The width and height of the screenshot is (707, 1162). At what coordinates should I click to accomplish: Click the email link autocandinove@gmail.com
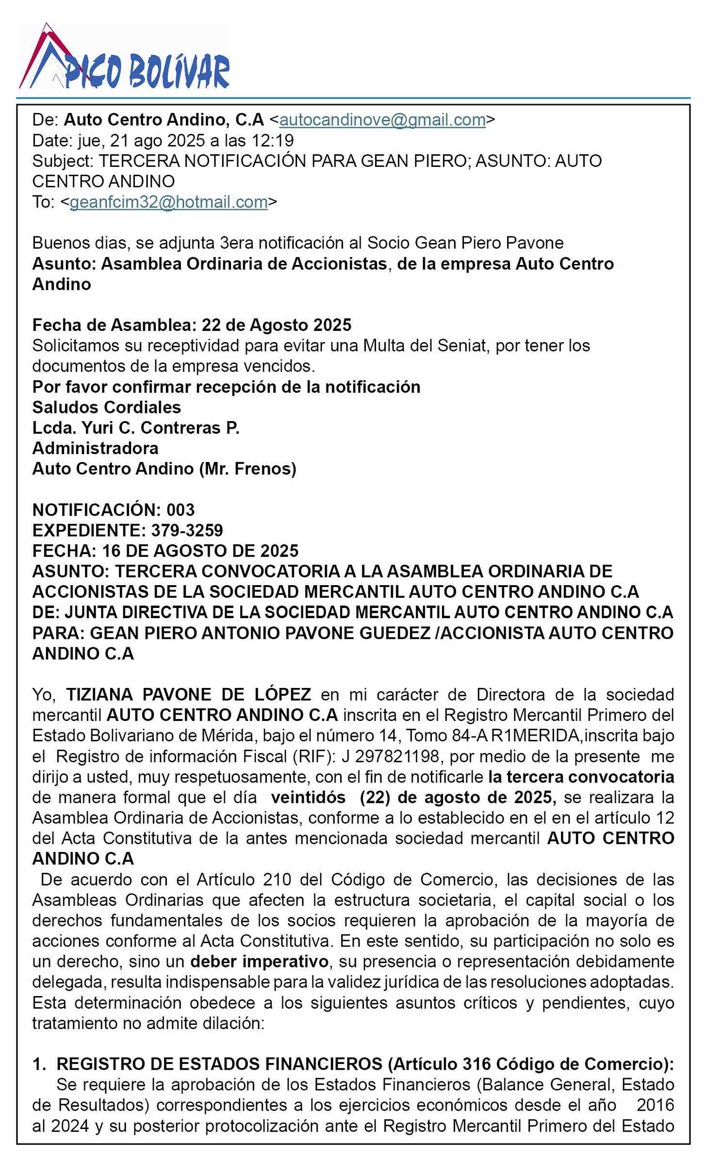click(x=382, y=119)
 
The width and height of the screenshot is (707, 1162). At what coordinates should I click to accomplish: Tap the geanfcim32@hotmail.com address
click(x=168, y=202)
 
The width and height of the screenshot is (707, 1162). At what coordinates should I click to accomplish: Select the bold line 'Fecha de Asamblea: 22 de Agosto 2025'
click(x=192, y=325)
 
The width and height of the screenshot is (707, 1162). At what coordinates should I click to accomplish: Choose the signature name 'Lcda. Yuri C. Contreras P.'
click(x=136, y=427)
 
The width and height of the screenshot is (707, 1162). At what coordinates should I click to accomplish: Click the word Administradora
click(x=95, y=448)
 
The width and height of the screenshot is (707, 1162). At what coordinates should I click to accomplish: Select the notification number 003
click(x=181, y=509)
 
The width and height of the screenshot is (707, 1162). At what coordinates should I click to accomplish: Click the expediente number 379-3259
click(x=187, y=530)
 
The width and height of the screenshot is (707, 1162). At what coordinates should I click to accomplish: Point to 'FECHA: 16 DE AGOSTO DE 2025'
click(x=165, y=551)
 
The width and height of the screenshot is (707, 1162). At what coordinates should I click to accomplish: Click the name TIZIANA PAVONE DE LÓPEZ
click(x=188, y=694)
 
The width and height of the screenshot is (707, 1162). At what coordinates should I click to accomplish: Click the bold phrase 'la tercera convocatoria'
click(x=581, y=777)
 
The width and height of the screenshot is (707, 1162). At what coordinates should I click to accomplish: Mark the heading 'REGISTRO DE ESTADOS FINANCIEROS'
click(x=219, y=1064)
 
